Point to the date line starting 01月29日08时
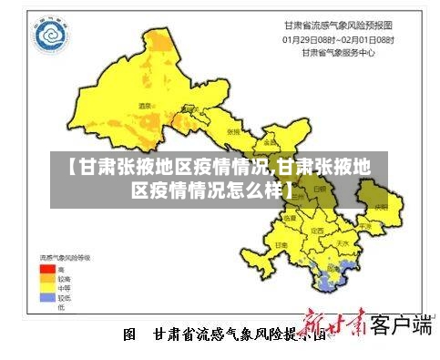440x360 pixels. pyautogui.click(x=338, y=39)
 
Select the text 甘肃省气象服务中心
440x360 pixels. pyautogui.click(x=338, y=52)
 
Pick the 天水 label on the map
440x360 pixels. pyautogui.click(x=343, y=243)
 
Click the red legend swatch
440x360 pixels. pyautogui.click(x=46, y=270)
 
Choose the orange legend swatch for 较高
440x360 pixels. pyautogui.click(x=46, y=279)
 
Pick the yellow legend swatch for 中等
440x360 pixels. pyautogui.click(x=46, y=288)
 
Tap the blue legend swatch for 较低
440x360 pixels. pyautogui.click(x=46, y=297)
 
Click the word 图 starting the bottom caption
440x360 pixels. pyautogui.click(x=129, y=334)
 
